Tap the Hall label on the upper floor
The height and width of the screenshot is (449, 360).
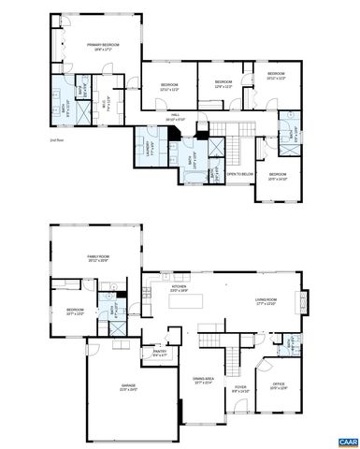(175, 119)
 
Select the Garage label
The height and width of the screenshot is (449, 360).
(128, 387)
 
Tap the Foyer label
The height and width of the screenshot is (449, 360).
(240, 386)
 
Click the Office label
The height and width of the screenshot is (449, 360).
(279, 384)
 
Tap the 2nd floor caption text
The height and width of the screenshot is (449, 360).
(30, 138)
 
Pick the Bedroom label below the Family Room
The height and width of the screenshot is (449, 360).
(76, 311)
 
